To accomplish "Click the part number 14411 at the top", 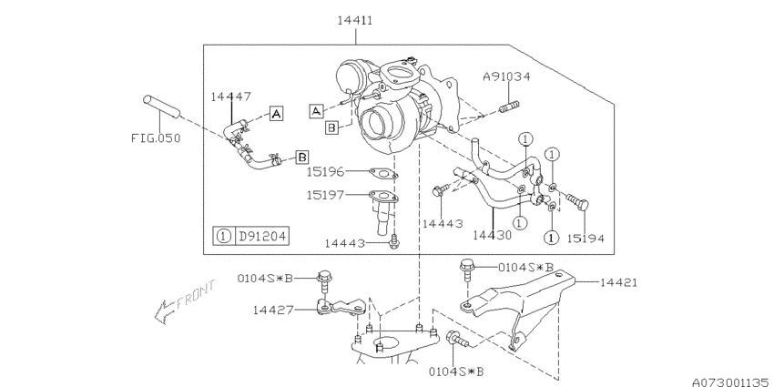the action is click(355, 20).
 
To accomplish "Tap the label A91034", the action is click(506, 76).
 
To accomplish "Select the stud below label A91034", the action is click(509, 107).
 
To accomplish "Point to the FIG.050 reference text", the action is click(156, 138).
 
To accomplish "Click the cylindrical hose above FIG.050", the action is click(162, 107).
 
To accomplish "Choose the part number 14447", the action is click(231, 97).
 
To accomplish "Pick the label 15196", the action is click(325, 172).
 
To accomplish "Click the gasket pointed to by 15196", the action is click(383, 173).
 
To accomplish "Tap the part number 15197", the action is click(325, 195).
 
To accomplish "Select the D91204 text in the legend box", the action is click(262, 237).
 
